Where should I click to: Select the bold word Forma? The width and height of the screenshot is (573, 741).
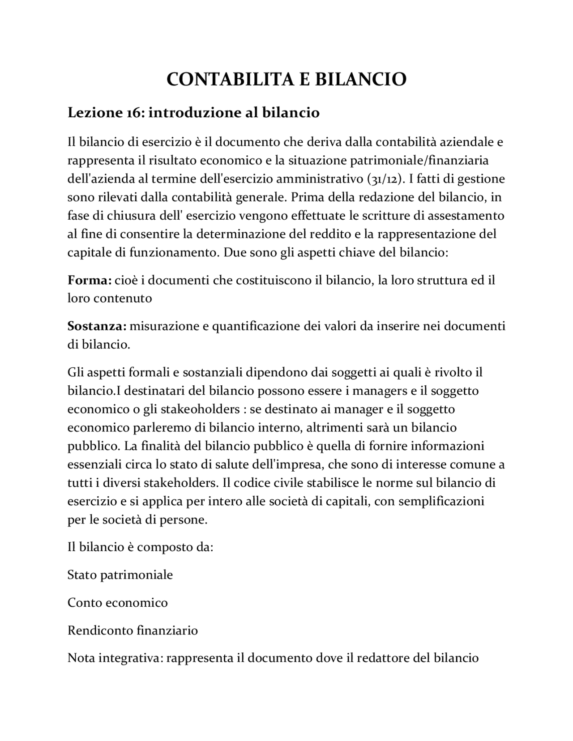pos(89,280)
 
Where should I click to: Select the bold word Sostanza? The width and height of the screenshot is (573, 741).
pos(97,326)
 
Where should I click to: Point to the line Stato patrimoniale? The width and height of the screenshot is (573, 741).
pos(120,575)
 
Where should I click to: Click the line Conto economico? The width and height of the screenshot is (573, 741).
pos(117,603)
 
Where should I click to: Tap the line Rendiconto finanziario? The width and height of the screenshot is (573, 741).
pos(133,630)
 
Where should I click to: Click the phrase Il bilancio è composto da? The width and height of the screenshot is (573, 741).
pos(140,547)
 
